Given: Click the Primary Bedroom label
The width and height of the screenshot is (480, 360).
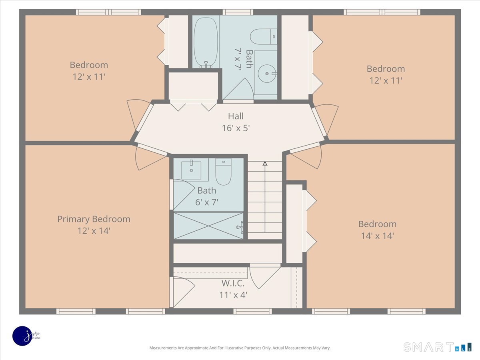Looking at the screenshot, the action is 94,219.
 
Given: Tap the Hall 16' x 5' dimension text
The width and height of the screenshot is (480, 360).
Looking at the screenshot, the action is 236,128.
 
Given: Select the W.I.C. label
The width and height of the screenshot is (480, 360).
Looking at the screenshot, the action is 233,283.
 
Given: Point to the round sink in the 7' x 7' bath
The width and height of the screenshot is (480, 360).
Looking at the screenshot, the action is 267,74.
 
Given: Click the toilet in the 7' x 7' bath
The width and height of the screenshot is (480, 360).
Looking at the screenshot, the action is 264,36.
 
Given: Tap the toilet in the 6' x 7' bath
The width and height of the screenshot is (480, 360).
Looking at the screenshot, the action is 223,172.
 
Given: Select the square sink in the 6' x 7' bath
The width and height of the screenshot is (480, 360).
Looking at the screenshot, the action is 191,170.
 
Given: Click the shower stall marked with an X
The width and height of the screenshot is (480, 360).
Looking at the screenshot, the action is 208,226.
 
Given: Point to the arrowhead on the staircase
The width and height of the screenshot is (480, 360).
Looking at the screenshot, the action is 265,164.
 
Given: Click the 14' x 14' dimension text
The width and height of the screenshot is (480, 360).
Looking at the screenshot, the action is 378,236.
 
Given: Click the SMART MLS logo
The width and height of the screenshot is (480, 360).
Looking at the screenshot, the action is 437,347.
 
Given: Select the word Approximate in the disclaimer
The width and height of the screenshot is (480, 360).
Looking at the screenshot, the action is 196,348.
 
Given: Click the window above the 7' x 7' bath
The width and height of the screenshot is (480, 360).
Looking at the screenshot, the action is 238,12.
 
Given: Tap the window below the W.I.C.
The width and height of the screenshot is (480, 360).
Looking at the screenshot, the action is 252,311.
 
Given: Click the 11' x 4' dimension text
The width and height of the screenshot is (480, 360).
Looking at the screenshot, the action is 233,295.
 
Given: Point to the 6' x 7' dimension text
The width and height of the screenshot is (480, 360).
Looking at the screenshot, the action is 207,202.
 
